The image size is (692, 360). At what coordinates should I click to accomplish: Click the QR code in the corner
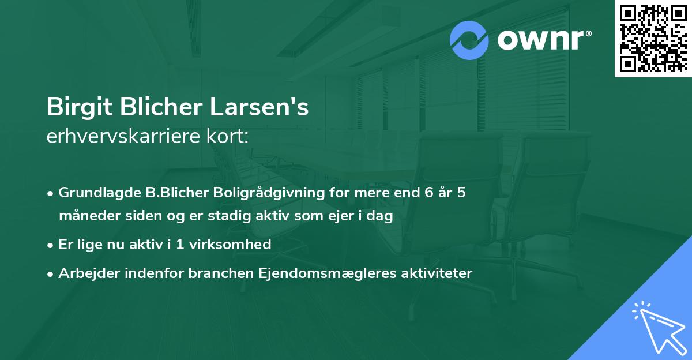pyautogui.click(x=653, y=38)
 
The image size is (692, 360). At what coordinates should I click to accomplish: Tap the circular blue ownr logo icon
pyautogui.click(x=469, y=40)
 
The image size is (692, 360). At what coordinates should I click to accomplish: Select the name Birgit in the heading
pyautogui.click(x=77, y=107)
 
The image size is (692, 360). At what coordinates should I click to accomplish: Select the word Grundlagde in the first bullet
pyautogui.click(x=96, y=193)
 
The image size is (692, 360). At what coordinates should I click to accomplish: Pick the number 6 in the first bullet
pyautogui.click(x=428, y=193)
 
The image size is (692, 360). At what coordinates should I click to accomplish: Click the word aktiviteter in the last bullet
pyautogui.click(x=438, y=273)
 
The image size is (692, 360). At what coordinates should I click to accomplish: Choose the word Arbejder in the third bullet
pyautogui.click(x=85, y=273)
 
